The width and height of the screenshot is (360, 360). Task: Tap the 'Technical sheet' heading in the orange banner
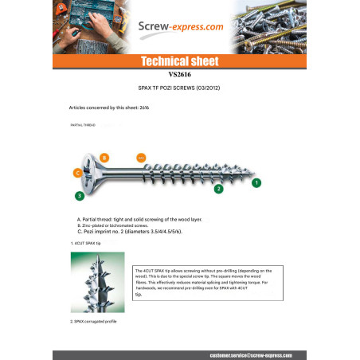tap(179, 61)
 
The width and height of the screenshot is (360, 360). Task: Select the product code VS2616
tap(179, 76)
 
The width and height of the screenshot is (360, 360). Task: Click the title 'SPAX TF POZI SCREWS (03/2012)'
tap(179, 89)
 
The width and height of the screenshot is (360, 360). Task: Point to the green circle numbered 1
tap(256, 182)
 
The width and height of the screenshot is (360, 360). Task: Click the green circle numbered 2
tap(218, 189)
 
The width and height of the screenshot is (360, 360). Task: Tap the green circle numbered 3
tap(79, 195)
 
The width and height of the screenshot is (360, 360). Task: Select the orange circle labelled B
tap(104, 158)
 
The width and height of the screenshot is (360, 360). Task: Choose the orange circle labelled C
tap(77, 172)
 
